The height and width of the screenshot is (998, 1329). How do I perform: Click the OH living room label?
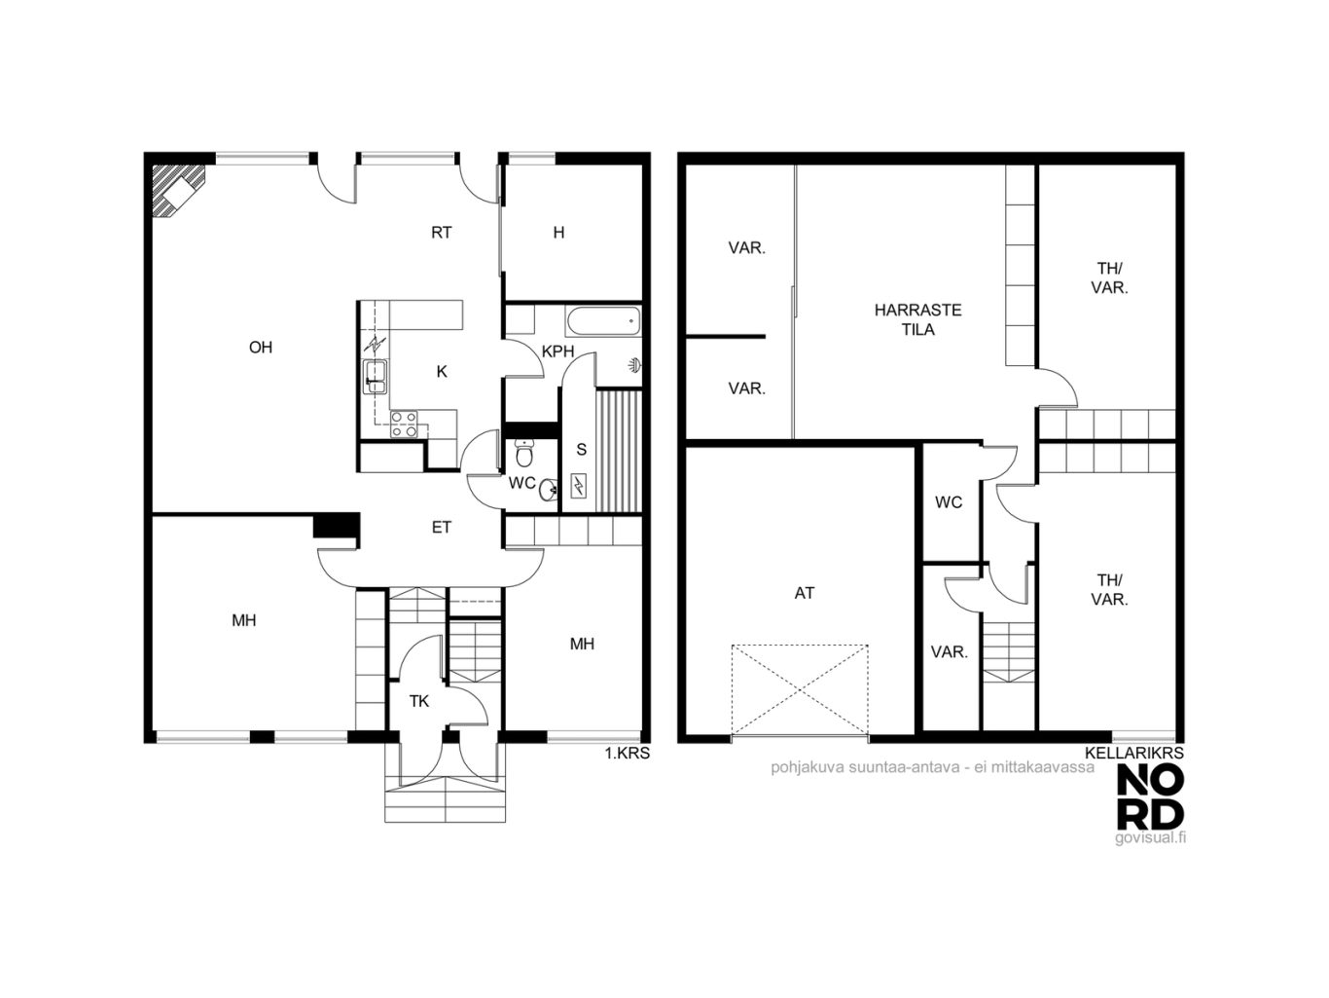point(261,348)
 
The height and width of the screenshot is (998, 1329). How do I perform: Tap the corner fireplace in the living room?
point(179,190)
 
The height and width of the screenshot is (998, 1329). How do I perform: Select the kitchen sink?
point(375,377)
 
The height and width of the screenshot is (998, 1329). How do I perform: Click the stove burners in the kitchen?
point(404,425)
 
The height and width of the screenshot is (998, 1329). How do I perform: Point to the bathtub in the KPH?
point(603,320)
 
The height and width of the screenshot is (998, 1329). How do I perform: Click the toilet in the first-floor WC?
point(524,453)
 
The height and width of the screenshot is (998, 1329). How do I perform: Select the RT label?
point(442,232)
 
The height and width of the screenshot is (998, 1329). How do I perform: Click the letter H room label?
point(558,232)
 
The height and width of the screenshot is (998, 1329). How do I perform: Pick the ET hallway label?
point(442,527)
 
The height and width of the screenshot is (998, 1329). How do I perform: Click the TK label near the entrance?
point(419,701)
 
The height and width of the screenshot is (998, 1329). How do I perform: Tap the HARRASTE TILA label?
point(917,319)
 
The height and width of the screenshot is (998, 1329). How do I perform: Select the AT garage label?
point(804,593)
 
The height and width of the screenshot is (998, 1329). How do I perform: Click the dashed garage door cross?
point(800,690)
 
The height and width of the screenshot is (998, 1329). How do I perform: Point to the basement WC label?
point(949,501)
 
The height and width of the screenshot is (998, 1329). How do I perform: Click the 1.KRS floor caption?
point(628,754)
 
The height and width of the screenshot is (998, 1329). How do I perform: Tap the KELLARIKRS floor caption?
point(1134,753)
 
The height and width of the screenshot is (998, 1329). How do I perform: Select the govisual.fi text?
point(1150,837)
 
